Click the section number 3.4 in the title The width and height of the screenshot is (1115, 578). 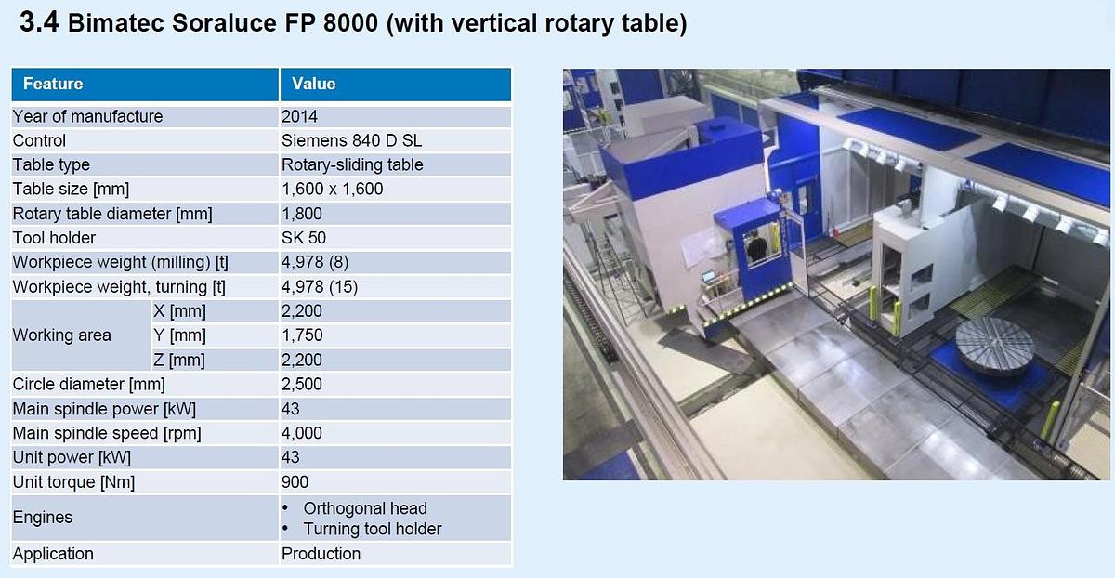click(39, 23)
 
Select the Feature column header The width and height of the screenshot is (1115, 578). click(53, 84)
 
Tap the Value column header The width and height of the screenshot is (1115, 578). click(313, 84)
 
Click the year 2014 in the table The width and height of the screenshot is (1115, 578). click(299, 116)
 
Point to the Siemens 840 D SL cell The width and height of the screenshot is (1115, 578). click(352, 140)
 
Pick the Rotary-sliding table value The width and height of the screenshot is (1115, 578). click(352, 164)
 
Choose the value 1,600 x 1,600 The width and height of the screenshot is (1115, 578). click(332, 189)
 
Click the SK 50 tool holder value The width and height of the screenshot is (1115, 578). click(304, 238)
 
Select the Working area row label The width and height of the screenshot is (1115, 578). click(61, 335)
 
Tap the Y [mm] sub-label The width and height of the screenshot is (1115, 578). click(179, 335)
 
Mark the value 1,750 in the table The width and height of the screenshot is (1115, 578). click(302, 335)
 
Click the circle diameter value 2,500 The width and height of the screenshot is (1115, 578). click(302, 384)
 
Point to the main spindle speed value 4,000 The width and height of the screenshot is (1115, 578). click(302, 433)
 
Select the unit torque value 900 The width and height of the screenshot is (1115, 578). click(295, 481)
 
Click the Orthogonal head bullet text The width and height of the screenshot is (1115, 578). click(365, 508)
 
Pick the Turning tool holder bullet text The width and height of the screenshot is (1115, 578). click(373, 529)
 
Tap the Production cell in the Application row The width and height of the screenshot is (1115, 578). click(321, 554)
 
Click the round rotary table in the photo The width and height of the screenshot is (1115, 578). click(995, 345)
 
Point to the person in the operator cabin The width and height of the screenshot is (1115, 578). click(757, 247)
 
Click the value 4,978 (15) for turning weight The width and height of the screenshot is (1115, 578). click(320, 287)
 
